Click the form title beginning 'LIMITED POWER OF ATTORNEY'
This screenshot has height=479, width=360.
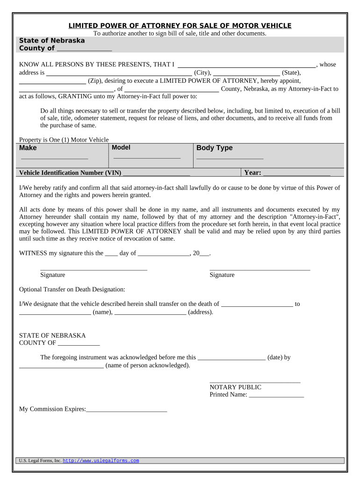click(180, 26)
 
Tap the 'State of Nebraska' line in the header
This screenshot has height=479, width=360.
click(52, 41)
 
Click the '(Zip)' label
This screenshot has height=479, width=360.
click(96, 80)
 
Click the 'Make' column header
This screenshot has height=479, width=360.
click(28, 148)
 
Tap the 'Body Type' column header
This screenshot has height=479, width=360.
click(214, 148)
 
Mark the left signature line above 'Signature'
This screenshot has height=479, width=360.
click(94, 269)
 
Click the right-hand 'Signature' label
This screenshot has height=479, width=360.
click(222, 275)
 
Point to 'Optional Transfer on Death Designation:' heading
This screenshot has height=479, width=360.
click(72, 290)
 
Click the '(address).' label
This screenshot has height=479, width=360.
click(201, 312)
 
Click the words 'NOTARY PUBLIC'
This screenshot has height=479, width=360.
click(235, 387)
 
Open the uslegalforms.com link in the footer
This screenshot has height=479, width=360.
click(101, 461)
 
